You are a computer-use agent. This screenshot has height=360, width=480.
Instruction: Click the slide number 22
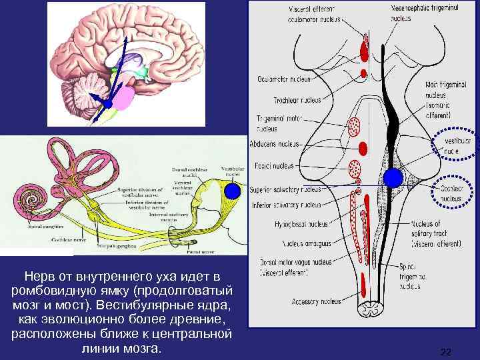click(446, 351)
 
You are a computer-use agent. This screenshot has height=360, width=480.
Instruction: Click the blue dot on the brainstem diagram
click(393, 177)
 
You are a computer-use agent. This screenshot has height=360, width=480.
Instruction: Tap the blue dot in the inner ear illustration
click(232, 191)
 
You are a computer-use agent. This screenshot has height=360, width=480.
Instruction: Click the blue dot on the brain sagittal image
click(107, 103)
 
